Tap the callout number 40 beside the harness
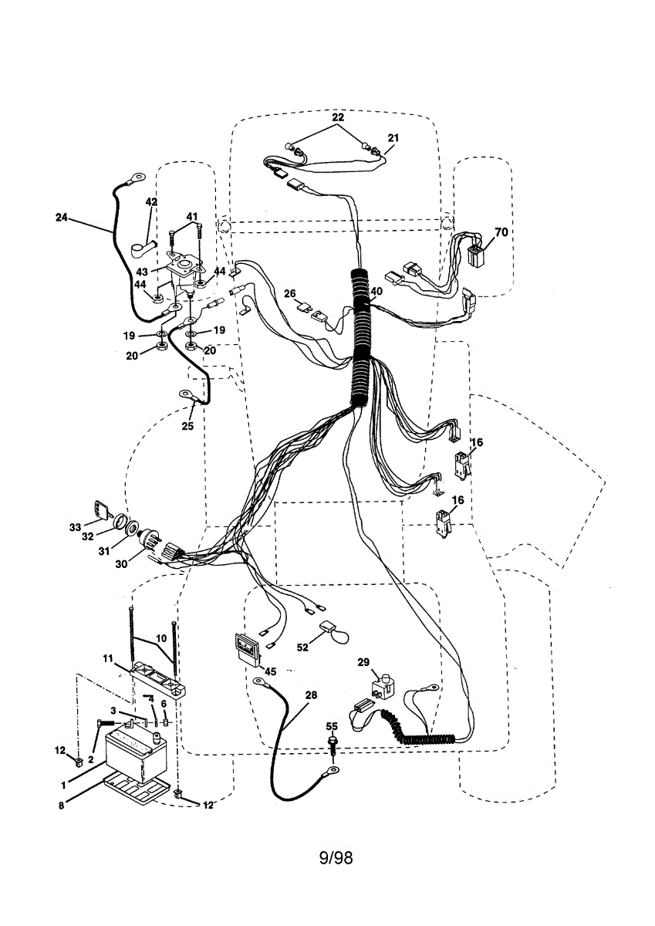pyautogui.click(x=376, y=292)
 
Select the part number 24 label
pyautogui.click(x=62, y=218)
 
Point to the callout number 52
pyautogui.click(x=303, y=647)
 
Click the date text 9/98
pyautogui.click(x=336, y=857)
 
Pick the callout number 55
pyautogui.click(x=332, y=727)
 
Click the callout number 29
pyautogui.click(x=363, y=662)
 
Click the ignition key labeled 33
pyautogui.click(x=101, y=509)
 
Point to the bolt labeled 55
pyautogui.click(x=333, y=744)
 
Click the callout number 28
pyautogui.click(x=310, y=695)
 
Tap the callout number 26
pyautogui.click(x=290, y=293)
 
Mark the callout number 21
pyautogui.click(x=393, y=137)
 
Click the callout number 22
pyautogui.click(x=338, y=117)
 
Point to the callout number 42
pyautogui.click(x=151, y=202)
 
